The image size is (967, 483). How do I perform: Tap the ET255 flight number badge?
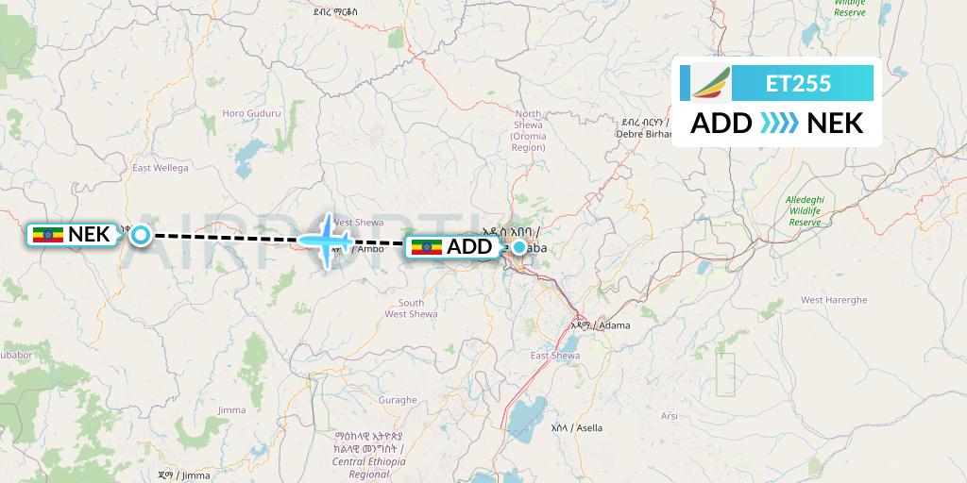[x=798, y=83]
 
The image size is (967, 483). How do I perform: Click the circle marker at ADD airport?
[x=519, y=247]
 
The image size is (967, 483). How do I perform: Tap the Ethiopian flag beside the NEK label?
[x=47, y=235]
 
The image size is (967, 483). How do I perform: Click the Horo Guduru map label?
[x=251, y=113]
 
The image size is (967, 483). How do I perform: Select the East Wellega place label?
[x=161, y=168]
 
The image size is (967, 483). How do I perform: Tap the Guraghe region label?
[x=398, y=400]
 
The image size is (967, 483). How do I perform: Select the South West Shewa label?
[x=411, y=308]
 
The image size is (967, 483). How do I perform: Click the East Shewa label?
[x=554, y=356]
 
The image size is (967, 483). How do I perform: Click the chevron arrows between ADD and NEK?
[x=779, y=123]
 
